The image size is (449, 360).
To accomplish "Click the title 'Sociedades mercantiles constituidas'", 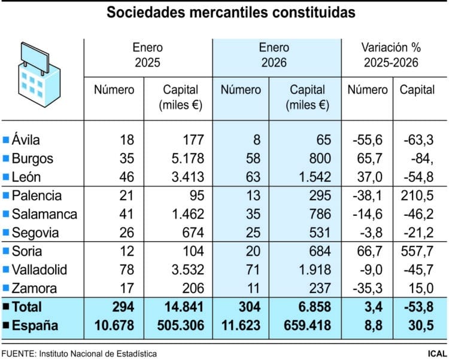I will pos(230,13).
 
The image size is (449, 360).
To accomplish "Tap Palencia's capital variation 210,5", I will pos(417,196).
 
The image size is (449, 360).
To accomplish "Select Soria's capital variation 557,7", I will pos(417,251).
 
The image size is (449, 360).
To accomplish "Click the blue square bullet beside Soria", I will pos(6,251).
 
